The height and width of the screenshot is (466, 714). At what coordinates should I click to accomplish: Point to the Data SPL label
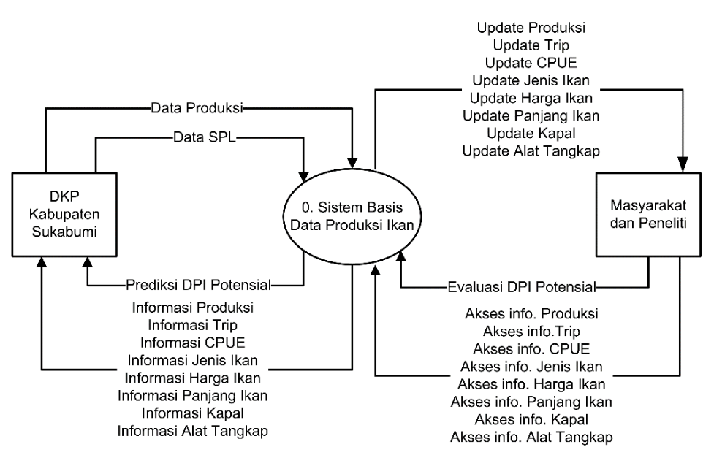click(200, 137)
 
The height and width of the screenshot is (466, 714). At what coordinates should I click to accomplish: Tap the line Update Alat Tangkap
click(531, 152)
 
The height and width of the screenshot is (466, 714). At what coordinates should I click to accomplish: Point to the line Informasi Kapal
click(193, 413)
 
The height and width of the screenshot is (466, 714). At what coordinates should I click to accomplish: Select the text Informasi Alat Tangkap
click(193, 430)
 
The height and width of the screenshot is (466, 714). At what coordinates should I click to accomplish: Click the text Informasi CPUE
click(193, 342)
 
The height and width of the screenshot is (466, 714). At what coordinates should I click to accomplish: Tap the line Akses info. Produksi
click(532, 314)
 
